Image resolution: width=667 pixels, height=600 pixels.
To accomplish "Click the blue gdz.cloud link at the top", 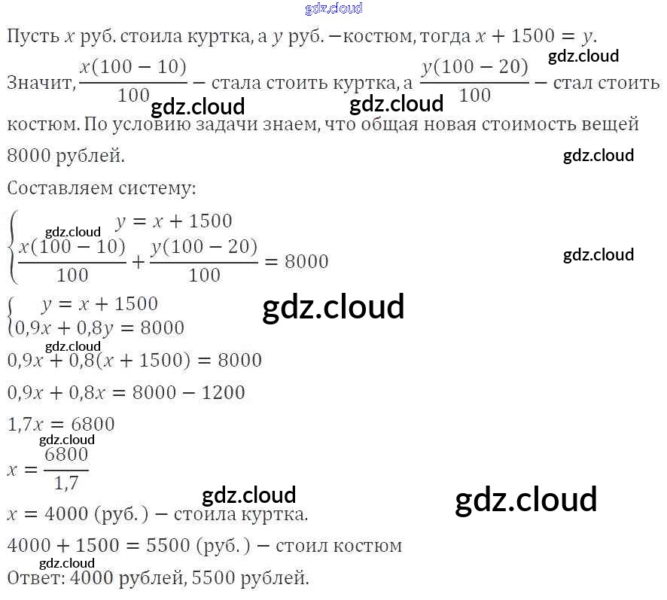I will coord(333,8).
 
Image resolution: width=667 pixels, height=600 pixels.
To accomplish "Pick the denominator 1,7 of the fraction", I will coord(66,481).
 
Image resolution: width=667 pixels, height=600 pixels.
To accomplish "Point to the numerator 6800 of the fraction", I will coord(66,455).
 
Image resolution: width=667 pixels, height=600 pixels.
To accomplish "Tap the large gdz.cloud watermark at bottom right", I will coord(525,500).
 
